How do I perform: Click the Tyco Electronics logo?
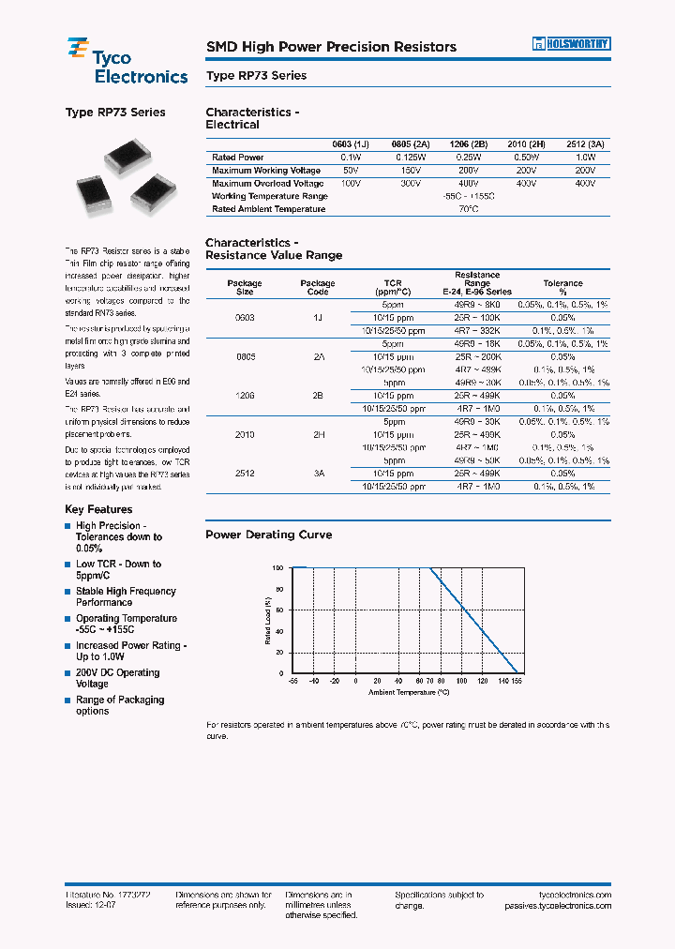pos(127,61)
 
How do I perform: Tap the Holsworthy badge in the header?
pos(572,43)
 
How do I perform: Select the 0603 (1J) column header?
pos(351,144)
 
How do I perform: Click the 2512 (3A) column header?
pos(585,144)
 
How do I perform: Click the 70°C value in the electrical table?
pos(468,209)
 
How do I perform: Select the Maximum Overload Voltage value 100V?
pos(351,184)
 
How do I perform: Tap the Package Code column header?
pos(318,288)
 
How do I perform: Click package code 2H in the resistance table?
pos(318,435)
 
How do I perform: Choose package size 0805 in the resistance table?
pos(245,357)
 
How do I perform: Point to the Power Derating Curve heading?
pos(268,535)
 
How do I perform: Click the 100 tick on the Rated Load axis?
pos(277,567)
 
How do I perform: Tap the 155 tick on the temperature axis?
pos(517,683)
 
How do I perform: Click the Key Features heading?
pos(98,509)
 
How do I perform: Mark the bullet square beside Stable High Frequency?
pos(68,592)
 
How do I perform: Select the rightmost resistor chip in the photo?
pos(153,193)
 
